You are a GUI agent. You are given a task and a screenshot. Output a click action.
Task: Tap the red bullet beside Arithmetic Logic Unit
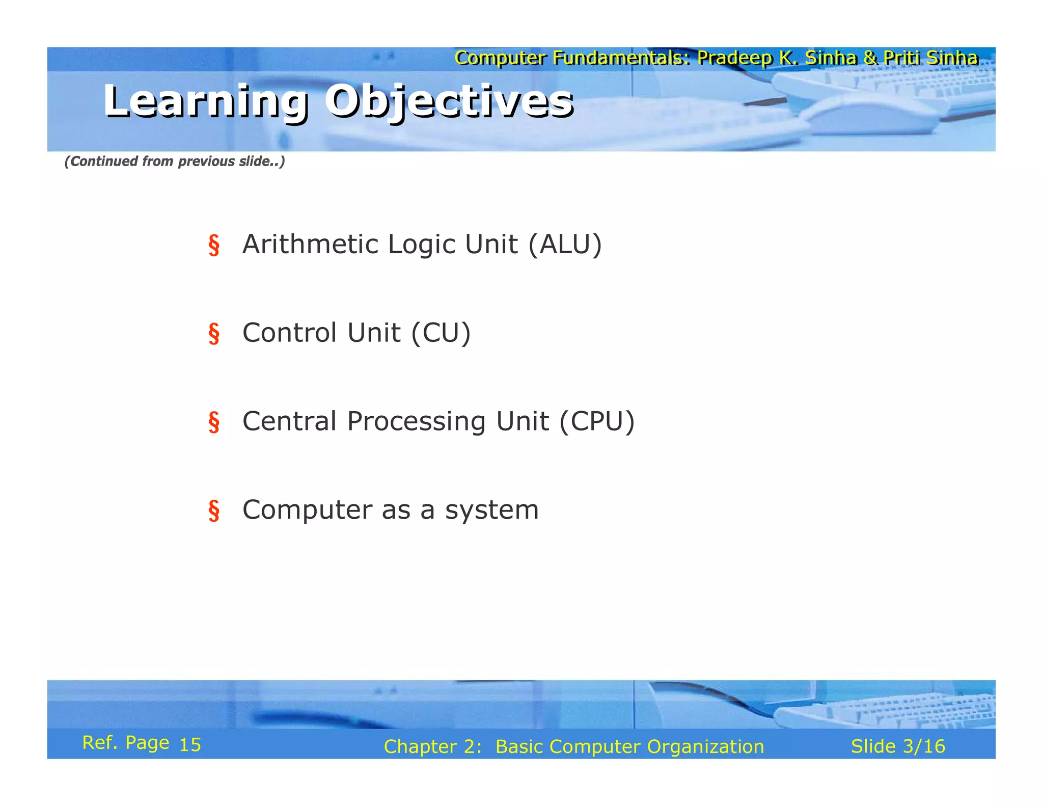pyautogui.click(x=214, y=245)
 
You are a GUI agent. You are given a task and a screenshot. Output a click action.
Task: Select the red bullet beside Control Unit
pyautogui.click(x=214, y=334)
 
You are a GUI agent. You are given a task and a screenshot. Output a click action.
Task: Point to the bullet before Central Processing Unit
pyautogui.click(x=214, y=422)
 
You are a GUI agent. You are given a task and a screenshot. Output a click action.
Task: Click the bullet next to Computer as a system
pyautogui.click(x=214, y=511)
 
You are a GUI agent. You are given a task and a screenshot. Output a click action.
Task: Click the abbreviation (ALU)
pyautogui.click(x=565, y=245)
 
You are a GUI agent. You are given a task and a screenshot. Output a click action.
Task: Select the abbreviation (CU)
pyautogui.click(x=441, y=333)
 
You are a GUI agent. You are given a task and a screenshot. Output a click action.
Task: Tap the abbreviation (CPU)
pyautogui.click(x=597, y=422)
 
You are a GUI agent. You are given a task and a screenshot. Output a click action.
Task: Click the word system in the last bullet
pyautogui.click(x=491, y=511)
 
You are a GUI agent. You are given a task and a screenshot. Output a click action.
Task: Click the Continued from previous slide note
pyautogui.click(x=174, y=162)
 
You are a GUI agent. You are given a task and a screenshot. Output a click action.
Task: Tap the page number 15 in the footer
pyautogui.click(x=190, y=745)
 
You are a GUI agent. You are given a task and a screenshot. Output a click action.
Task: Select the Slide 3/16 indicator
pyautogui.click(x=897, y=746)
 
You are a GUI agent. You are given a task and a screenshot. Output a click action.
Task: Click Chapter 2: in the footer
pyautogui.click(x=432, y=747)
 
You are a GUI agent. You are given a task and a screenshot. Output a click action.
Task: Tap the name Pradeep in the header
pyautogui.click(x=734, y=58)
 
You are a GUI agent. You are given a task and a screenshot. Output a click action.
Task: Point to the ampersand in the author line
pyautogui.click(x=870, y=58)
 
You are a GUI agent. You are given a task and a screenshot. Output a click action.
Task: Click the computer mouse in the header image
pyautogui.click(x=871, y=115)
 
